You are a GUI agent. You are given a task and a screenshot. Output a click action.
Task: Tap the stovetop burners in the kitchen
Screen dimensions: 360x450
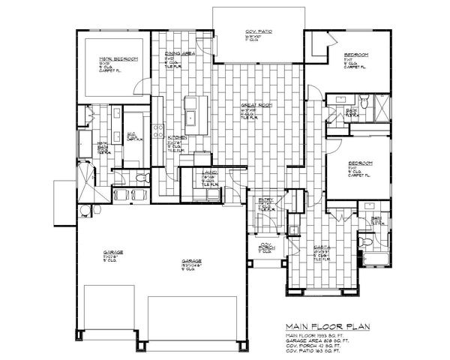coord(157,130)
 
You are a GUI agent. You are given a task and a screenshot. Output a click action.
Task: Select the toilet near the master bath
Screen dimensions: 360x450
coord(140,178)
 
